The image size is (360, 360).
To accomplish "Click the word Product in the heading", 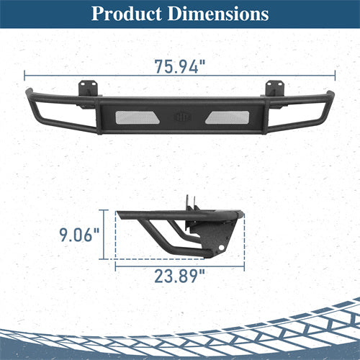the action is point(127,14).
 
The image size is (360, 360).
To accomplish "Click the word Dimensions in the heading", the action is point(218,14).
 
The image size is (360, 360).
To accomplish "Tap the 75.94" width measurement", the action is point(180,66).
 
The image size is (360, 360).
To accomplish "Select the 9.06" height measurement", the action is point(79,235).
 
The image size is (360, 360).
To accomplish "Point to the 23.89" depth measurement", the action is point(180,276).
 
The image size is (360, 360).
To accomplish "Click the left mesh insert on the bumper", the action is point(138,117).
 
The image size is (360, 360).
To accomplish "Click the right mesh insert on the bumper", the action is point(227,117).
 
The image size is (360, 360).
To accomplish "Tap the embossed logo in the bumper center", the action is point(183,117).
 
